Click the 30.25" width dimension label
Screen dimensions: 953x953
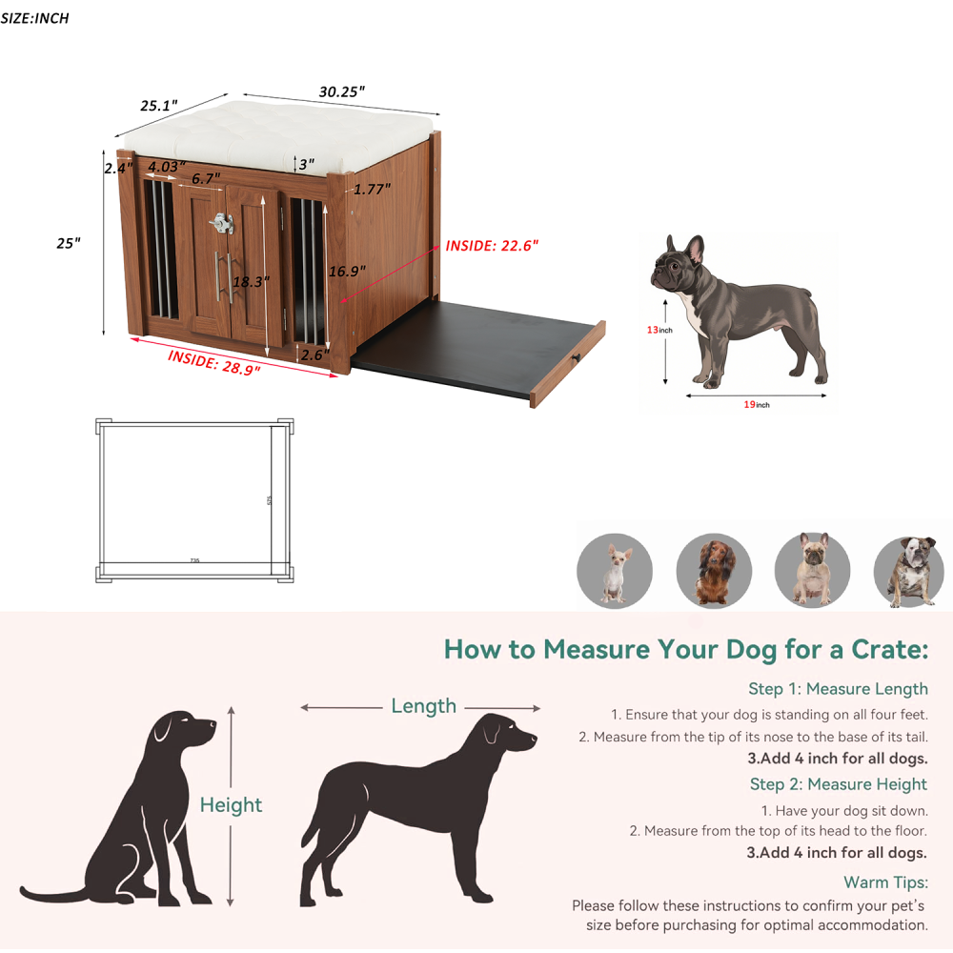coord(341,91)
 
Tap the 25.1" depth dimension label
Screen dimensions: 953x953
coord(159,106)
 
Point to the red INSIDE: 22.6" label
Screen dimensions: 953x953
coord(492,245)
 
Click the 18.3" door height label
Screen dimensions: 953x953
coord(251,282)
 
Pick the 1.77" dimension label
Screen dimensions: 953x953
coord(372,189)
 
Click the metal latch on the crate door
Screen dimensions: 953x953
coord(222,224)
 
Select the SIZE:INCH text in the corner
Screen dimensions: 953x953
coord(35,18)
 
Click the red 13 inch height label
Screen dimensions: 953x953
coord(659,330)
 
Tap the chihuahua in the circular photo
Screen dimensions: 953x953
coord(615,573)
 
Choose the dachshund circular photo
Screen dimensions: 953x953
coord(714,573)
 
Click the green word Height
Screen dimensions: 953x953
coord(231,805)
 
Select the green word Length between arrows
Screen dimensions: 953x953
coord(423,706)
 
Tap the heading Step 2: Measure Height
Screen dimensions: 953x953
coord(838,784)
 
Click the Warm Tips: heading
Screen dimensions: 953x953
coord(885,882)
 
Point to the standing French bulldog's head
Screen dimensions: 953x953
coord(679,264)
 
